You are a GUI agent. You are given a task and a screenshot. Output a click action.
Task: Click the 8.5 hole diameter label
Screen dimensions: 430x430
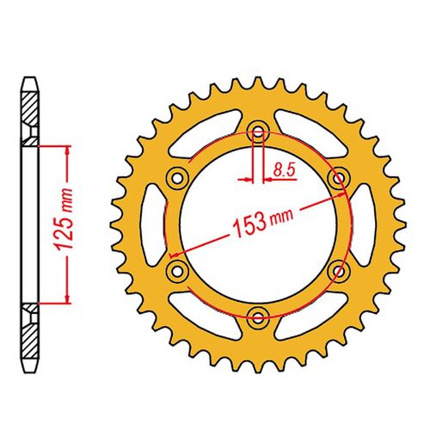tap(281, 171)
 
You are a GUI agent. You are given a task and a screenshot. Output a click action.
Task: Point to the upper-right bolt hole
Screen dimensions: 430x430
tap(337, 177)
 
